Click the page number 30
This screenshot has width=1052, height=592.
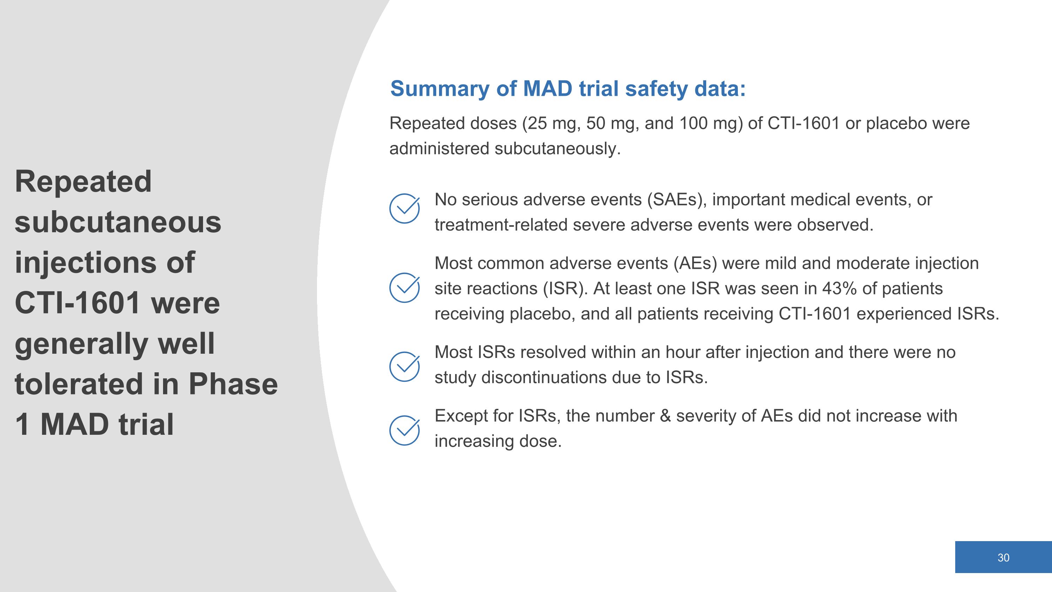1003,558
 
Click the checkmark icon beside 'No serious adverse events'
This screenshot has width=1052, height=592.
404,208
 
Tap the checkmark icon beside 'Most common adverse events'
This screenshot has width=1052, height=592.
404,288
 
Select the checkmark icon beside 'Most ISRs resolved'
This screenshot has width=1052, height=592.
404,366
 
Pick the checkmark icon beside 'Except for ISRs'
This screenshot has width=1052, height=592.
404,430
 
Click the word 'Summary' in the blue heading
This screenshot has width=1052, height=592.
439,89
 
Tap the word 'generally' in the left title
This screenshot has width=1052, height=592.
81,344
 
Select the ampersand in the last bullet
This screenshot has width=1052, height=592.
665,416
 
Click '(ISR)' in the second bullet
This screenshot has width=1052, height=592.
565,289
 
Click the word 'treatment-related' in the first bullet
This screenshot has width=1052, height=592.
501,225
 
